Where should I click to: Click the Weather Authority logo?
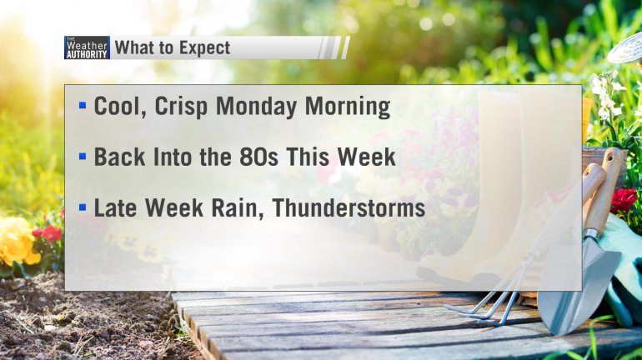coord(87,47)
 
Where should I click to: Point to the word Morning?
coord(348,107)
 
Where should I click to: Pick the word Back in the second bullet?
coord(119,157)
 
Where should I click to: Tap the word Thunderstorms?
coord(349,207)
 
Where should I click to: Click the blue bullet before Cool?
coord(83,106)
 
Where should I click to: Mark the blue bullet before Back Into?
coord(83,156)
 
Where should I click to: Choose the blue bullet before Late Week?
coord(83,207)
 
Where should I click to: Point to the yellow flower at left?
coord(18,242)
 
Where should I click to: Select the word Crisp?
coord(181,107)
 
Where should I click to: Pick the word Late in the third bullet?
coord(116,207)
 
